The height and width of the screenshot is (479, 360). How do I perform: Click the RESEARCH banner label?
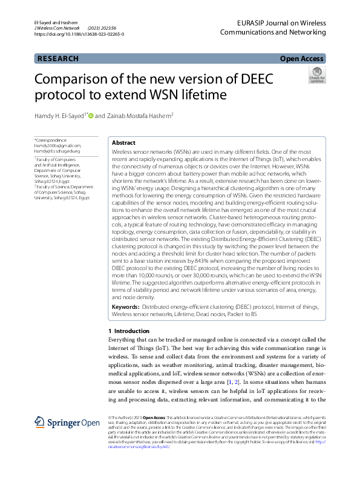58,59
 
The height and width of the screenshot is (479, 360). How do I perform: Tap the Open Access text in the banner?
301,59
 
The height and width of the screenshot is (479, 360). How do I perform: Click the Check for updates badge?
316,76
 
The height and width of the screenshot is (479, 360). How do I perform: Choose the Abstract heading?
124,142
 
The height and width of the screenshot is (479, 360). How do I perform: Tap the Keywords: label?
126,308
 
